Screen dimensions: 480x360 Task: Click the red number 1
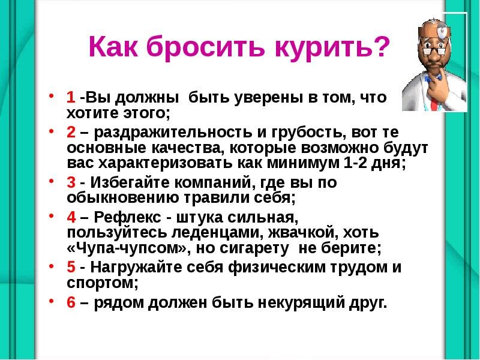(70, 97)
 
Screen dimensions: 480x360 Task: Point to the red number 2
(71, 132)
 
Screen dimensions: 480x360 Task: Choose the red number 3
(71, 182)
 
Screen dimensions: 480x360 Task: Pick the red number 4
(71, 217)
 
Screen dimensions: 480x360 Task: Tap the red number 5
(71, 267)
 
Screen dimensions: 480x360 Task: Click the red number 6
(71, 302)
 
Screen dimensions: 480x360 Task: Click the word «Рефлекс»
(127, 217)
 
